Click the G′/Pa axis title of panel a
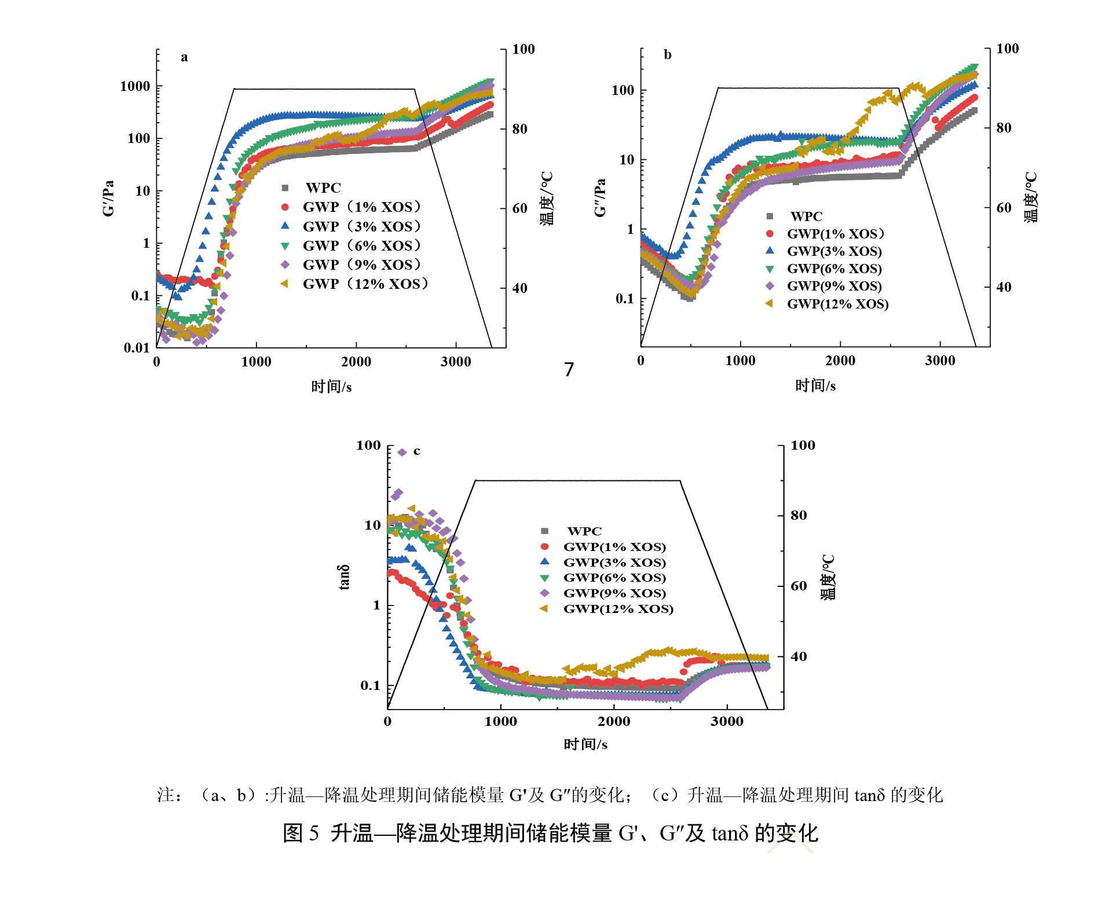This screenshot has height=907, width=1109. (x=108, y=198)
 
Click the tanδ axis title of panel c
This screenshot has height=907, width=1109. (x=344, y=577)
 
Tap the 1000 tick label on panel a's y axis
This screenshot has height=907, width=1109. (x=135, y=86)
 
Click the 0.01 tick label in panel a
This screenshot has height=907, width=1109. (x=137, y=347)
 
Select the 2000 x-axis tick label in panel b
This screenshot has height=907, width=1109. (x=840, y=361)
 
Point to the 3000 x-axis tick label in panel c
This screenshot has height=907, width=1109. (x=727, y=721)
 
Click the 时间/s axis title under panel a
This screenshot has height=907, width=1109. (x=331, y=387)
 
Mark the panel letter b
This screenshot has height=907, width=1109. (x=668, y=55)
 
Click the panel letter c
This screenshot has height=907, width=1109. (x=417, y=451)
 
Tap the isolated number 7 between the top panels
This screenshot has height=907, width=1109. (x=569, y=369)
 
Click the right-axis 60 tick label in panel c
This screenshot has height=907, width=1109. (x=799, y=586)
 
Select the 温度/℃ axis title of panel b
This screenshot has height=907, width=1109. (x=1031, y=197)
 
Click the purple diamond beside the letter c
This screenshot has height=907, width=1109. (x=402, y=452)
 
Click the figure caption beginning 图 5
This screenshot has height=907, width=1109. (x=550, y=833)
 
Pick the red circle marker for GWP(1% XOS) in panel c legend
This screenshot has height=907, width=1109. (x=544, y=546)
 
